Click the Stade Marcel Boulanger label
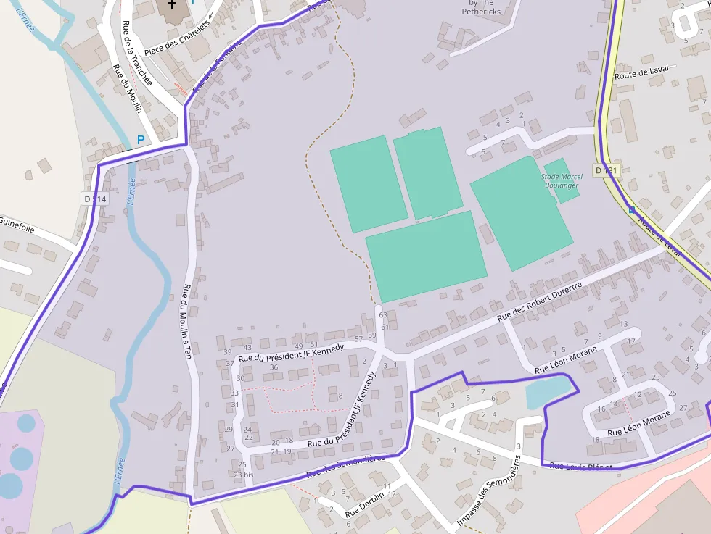pos(561,181)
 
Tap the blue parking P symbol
pos(141,139)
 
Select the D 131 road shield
pos(605,170)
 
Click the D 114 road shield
pos(94,199)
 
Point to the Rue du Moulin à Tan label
pos(187,321)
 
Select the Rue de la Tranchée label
pos(138,53)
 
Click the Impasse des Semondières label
pos(488,491)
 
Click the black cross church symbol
pos(172,4)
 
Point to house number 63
pos(383,314)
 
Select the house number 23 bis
pos(244,475)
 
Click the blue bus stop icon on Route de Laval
pos(631,210)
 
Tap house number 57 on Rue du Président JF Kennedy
pos(358,339)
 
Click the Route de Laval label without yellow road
pos(640,74)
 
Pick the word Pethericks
pos(482,12)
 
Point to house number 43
pos(247,348)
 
